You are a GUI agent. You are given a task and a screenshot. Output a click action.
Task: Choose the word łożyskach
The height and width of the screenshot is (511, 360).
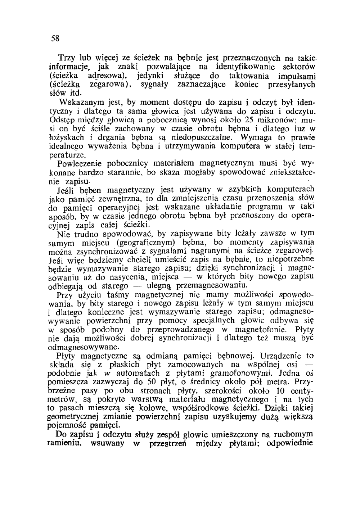click(x=66, y=137)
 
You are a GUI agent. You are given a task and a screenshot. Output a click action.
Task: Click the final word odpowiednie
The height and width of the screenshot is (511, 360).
click(x=290, y=443)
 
